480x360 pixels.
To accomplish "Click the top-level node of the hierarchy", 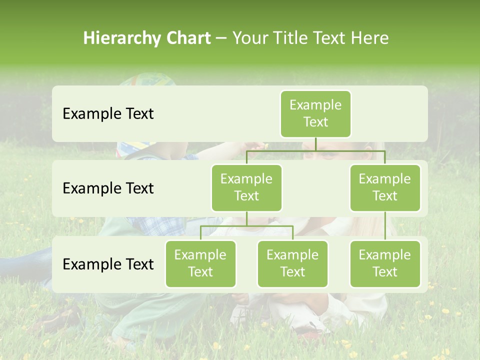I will tap(315, 113).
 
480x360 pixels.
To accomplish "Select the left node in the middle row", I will tap(246, 187).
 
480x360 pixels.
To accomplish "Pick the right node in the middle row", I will tap(385, 187).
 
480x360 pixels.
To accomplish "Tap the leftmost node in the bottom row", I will tap(200, 263).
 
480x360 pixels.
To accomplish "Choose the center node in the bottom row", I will tap(292, 263).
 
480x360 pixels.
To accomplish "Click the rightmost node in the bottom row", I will tap(385, 263).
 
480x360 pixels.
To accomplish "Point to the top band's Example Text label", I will tap(108, 114).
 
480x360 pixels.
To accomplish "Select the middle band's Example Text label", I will tap(108, 188).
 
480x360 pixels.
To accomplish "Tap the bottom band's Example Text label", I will tap(108, 264).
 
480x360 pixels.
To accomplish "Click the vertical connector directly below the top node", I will tap(315, 144).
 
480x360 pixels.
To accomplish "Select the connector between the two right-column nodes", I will tap(385, 226).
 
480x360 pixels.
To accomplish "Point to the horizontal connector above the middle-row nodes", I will tap(315, 150).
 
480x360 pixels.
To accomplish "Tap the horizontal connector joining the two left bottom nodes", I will tap(246, 226).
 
